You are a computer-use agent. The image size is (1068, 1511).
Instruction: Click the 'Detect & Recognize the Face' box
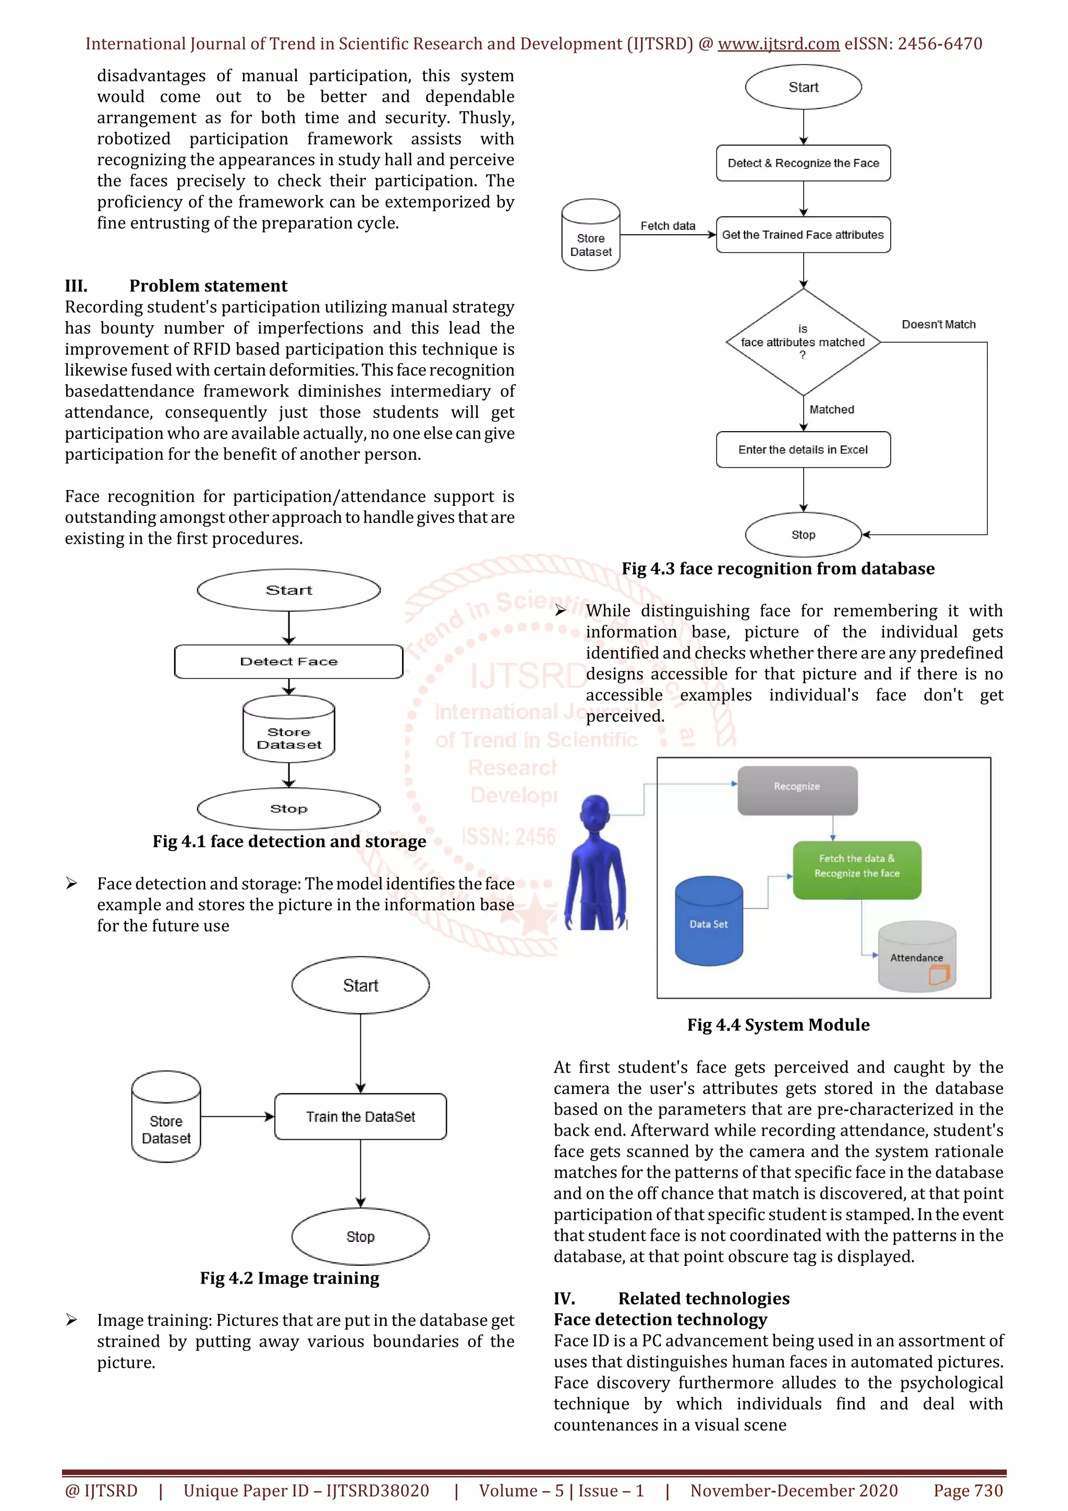pos(803,163)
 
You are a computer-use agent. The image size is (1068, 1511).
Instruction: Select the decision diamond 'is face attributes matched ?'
pos(803,342)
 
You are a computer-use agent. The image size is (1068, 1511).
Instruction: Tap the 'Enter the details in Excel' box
pos(803,449)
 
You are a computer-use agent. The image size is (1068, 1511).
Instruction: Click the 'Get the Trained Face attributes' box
pos(803,235)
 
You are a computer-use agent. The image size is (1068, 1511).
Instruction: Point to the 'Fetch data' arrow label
pos(668,226)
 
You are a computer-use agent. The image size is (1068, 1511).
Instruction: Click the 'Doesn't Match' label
pos(938,324)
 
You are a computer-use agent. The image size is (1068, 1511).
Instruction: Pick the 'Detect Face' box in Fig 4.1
pos(288,662)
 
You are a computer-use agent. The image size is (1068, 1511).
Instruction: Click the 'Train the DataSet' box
pos(360,1117)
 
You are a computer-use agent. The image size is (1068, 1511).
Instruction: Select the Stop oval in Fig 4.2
pos(360,1237)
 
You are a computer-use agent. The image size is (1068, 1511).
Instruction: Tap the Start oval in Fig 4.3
pos(803,87)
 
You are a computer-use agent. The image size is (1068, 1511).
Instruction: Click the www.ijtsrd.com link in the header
pos(779,44)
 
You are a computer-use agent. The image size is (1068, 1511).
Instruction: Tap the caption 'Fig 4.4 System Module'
pos(778,1025)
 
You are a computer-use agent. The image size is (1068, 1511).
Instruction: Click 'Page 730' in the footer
pos(968,1491)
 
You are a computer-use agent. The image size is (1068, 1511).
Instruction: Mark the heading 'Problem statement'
pos(208,286)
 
